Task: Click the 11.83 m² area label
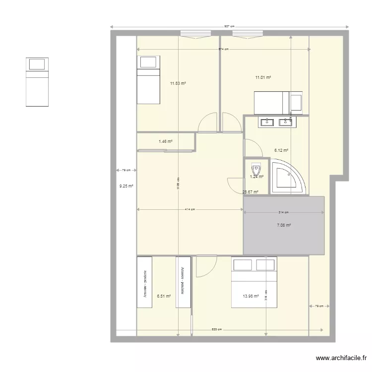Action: (178, 84)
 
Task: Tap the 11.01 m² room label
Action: (263, 77)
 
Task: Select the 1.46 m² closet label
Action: (166, 142)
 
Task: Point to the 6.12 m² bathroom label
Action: (281, 150)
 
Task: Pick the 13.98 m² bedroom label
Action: (250, 296)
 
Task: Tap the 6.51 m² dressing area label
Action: (164, 296)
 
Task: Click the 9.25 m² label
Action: (126, 186)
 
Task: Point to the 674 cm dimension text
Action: (224, 49)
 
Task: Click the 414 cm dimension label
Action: (189, 209)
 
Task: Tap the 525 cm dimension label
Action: (216, 329)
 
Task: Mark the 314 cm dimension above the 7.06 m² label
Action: (284, 213)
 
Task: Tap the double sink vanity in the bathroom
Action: (275, 122)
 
